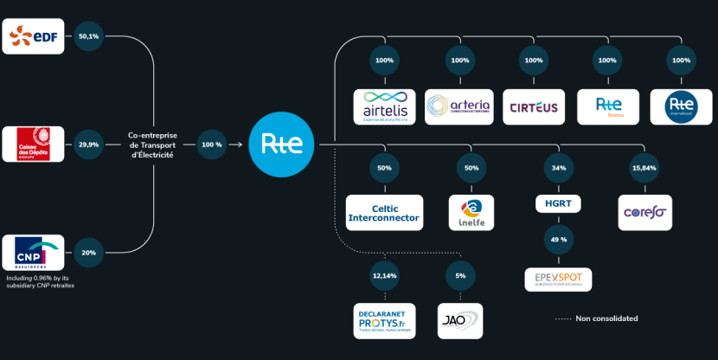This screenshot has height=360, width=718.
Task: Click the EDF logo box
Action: [33, 36]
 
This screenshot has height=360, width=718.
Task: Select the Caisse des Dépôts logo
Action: [33, 145]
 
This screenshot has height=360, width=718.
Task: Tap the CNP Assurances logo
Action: [33, 253]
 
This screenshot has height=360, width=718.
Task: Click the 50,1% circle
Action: [88, 36]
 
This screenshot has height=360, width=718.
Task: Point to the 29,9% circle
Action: [88, 145]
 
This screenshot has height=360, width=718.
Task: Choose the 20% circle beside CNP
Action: [88, 253]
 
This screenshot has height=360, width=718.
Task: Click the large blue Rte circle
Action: [275, 145]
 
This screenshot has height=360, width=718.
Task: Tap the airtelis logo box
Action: [386, 106]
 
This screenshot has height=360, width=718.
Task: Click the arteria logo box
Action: [459, 106]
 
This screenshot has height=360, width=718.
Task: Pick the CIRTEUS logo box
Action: [534, 106]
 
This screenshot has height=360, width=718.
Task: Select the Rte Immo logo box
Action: [607, 106]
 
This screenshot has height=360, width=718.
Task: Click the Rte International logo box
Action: [681, 106]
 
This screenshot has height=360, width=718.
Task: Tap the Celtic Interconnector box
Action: [385, 213]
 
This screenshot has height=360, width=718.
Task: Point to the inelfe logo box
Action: [471, 213]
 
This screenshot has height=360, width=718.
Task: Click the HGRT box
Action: [558, 204]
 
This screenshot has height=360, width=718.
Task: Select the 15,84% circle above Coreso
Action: [644, 167]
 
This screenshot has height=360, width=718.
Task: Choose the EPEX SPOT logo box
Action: [558, 280]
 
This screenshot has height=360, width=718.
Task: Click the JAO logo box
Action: [460, 319]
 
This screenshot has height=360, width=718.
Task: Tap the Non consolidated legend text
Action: [606, 318]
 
